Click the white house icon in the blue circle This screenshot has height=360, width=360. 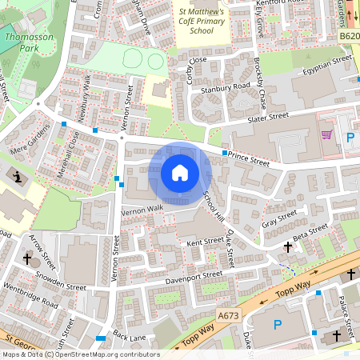tap(180, 173)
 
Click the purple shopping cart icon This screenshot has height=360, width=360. tap(326, 134)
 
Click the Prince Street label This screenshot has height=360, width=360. tap(247, 160)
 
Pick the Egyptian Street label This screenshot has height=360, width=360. tap(322, 68)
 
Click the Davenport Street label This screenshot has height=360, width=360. tap(193, 277)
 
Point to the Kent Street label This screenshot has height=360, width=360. tap(205, 241)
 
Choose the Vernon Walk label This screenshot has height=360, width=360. tap(142, 210)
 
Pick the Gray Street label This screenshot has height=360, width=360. tap(279, 218)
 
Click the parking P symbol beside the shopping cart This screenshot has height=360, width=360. tap(350, 137)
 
